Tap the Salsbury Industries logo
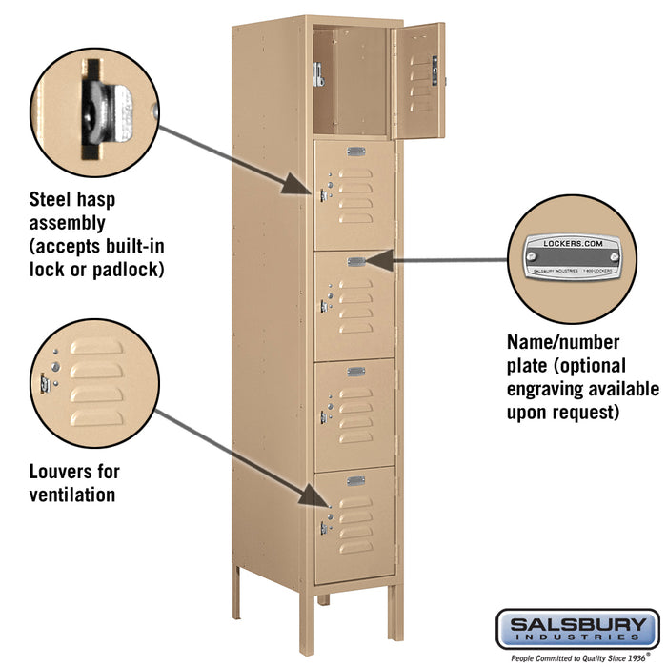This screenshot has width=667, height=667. pos(576,629)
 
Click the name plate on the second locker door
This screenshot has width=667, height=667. pos(356,152)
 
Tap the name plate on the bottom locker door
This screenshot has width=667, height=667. pos(356,480)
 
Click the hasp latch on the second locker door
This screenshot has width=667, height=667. pos(323,195)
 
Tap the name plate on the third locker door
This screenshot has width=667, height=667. pos(356,261)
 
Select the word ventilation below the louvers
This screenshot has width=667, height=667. pos(71,495)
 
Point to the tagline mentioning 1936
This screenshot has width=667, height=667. pos(576,657)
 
